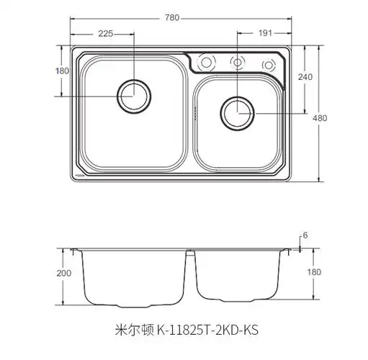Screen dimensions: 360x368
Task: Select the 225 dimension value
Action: [106, 34]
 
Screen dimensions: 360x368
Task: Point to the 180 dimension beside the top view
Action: [62, 71]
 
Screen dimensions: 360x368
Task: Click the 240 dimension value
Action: [306, 78]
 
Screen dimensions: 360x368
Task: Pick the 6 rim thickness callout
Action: [305, 236]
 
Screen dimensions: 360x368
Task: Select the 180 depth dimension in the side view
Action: [314, 272]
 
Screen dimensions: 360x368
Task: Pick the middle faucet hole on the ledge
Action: [236, 62]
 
